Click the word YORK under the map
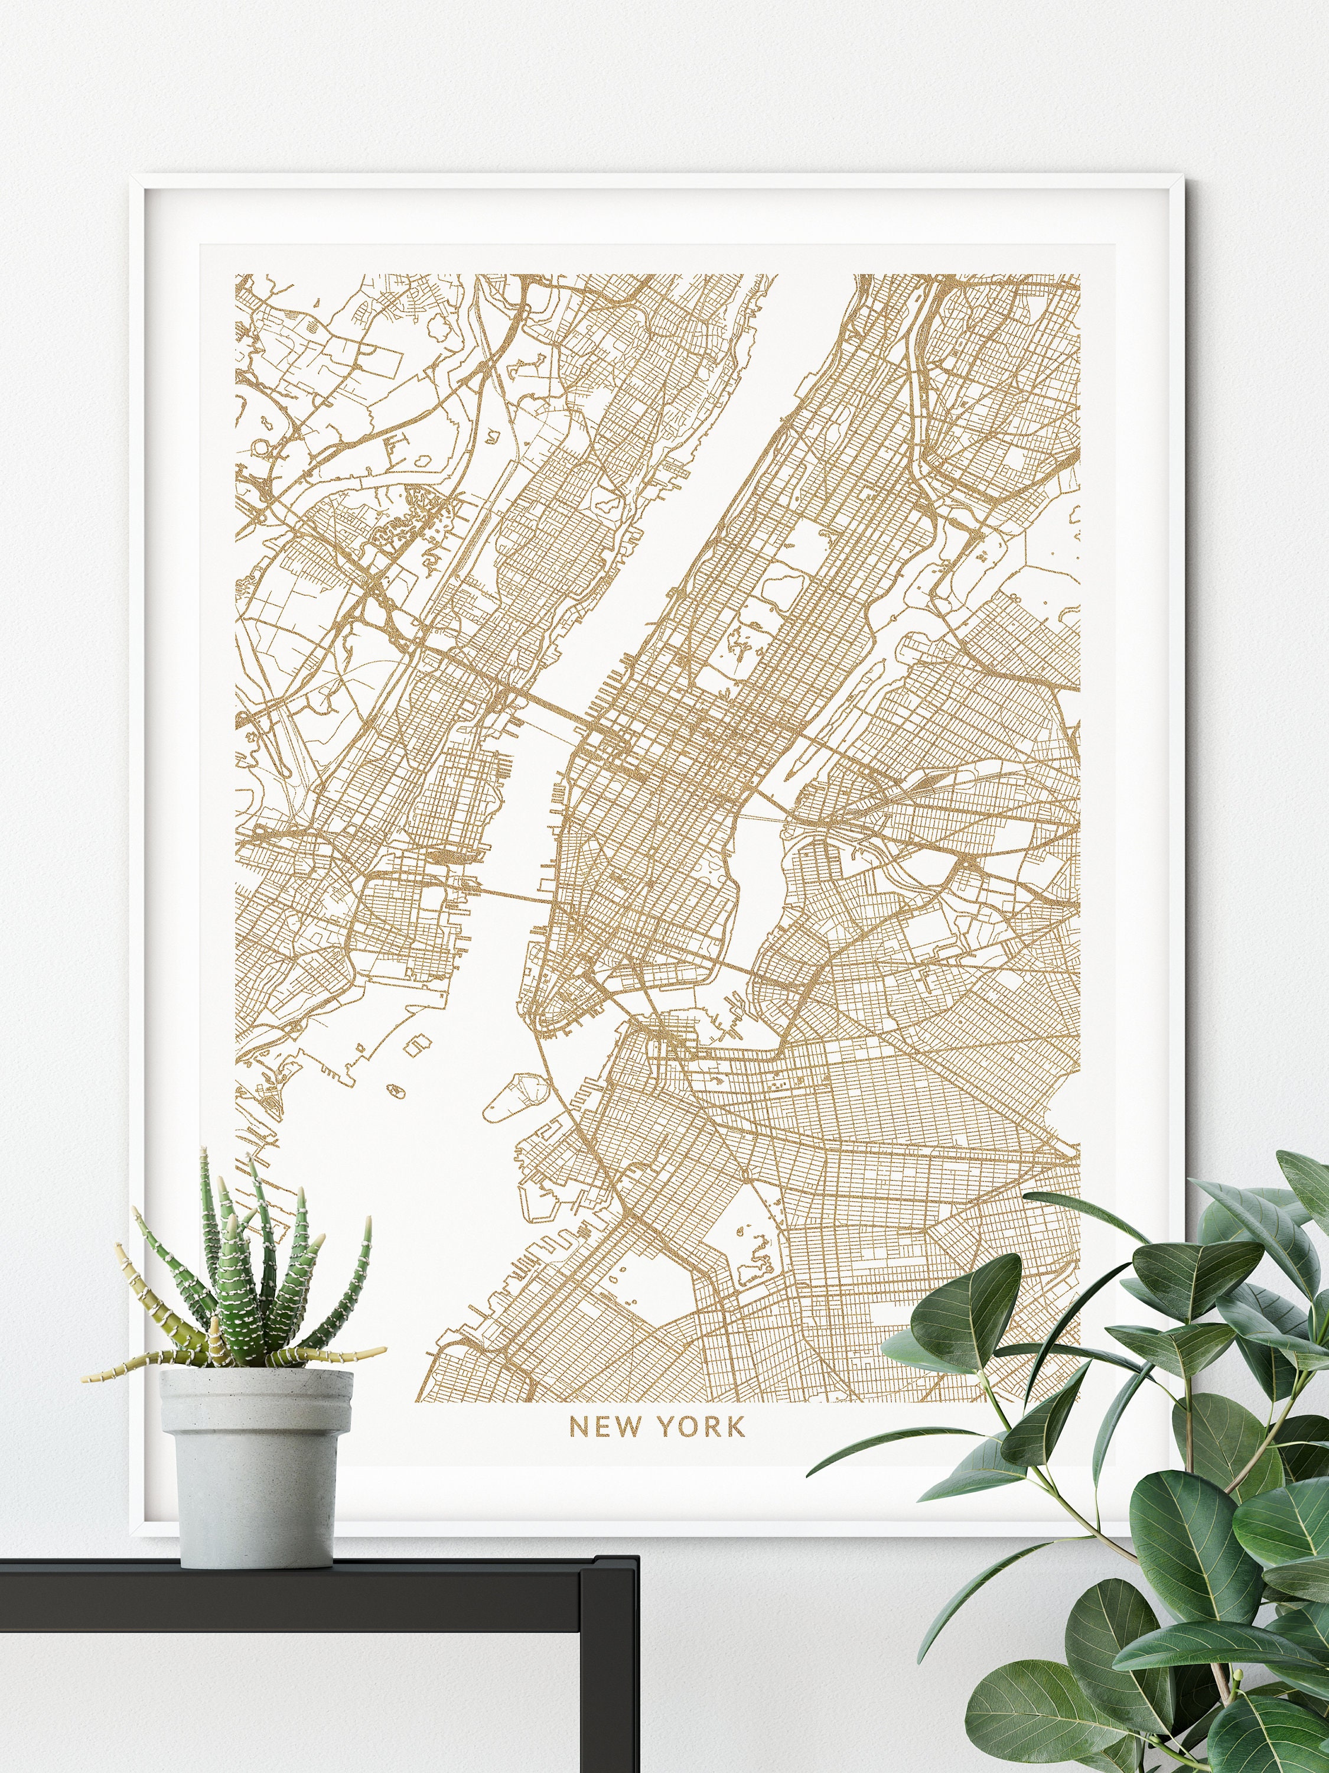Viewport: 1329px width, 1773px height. (702, 1427)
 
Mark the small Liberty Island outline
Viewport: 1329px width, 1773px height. (394, 1090)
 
